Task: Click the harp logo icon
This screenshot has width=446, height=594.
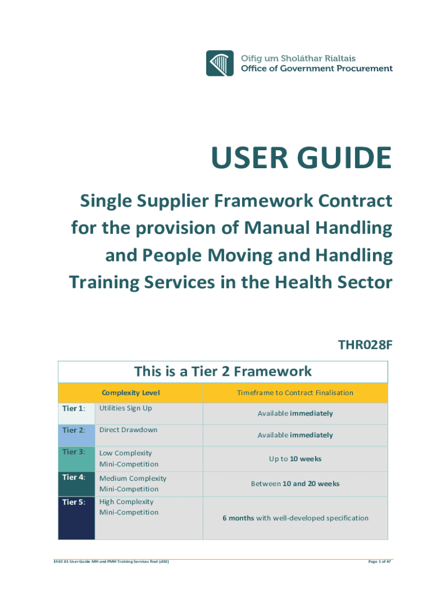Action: coord(221,63)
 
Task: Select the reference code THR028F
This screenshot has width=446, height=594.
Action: coord(365,346)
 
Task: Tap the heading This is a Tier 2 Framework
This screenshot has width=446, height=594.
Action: coord(223,371)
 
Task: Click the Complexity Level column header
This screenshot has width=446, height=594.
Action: coord(130,393)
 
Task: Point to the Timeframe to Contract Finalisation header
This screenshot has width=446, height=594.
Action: coord(295,393)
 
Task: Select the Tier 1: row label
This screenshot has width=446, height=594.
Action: coord(74,408)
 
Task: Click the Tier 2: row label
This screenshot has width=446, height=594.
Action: coord(74,430)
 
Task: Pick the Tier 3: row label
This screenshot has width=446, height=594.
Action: coord(74,452)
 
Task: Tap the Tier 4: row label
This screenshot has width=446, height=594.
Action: coord(74,478)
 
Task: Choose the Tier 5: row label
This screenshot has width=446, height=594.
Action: coord(74,502)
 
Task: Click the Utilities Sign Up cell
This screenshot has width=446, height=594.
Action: coord(126,408)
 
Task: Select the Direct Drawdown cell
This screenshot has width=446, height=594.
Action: coord(129,430)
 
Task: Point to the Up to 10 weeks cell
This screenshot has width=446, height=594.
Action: coord(295,459)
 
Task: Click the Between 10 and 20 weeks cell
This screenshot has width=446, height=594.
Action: coord(295,483)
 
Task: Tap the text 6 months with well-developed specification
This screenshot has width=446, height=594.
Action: coord(295,518)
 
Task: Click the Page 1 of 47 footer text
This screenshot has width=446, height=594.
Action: coord(376,562)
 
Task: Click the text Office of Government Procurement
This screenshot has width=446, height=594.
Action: coord(317,68)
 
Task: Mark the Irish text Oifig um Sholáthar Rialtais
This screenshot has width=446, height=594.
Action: coord(298,58)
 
